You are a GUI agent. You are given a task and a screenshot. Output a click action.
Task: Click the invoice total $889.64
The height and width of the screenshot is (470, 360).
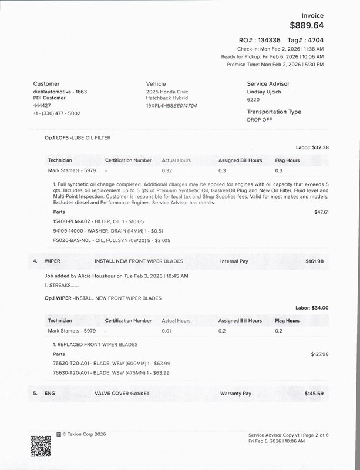tap(307, 25)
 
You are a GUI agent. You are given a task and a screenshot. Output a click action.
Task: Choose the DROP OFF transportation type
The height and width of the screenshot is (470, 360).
tap(260, 119)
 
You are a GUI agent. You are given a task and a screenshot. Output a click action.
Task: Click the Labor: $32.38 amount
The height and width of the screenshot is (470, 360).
tap(312, 147)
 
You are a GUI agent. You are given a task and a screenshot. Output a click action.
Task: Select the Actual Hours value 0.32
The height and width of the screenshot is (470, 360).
tap(167, 170)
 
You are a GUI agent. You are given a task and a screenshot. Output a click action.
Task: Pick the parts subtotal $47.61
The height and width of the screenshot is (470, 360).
tap(321, 211)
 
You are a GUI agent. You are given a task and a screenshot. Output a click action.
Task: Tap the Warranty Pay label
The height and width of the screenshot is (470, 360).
tap(235, 393)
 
